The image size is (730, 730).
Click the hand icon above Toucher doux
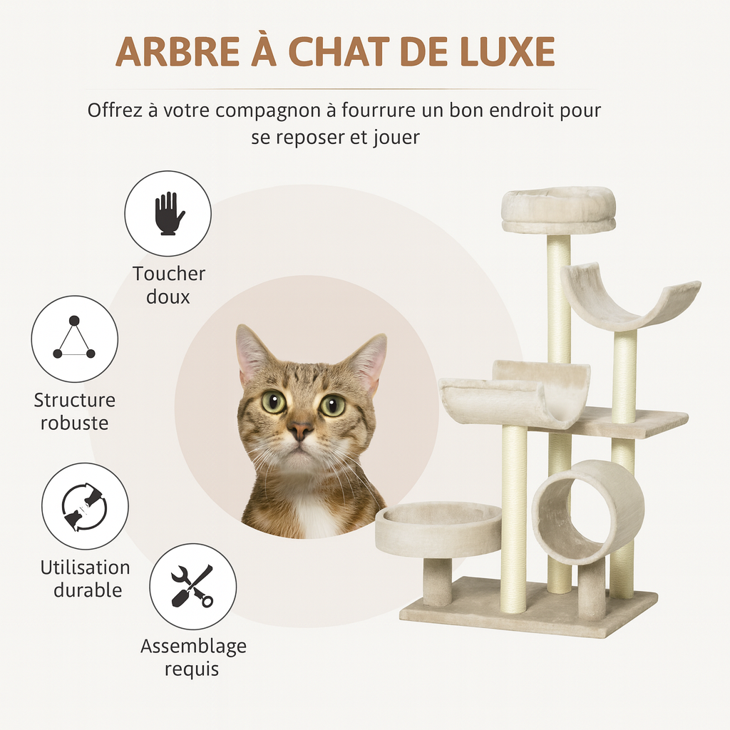coord(168,213)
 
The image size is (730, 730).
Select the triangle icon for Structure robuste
coord(74,339)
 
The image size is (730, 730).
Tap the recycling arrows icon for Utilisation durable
coord(84,506)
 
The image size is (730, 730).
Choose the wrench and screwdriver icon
coord(192,586)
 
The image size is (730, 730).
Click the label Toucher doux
coord(169,285)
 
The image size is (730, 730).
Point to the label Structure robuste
coord(74,411)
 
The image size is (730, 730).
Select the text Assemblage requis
coord(193,657)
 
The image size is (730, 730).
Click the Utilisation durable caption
coord(85,579)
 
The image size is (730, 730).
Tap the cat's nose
coord(300,430)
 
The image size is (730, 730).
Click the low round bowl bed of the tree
coord(438,528)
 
